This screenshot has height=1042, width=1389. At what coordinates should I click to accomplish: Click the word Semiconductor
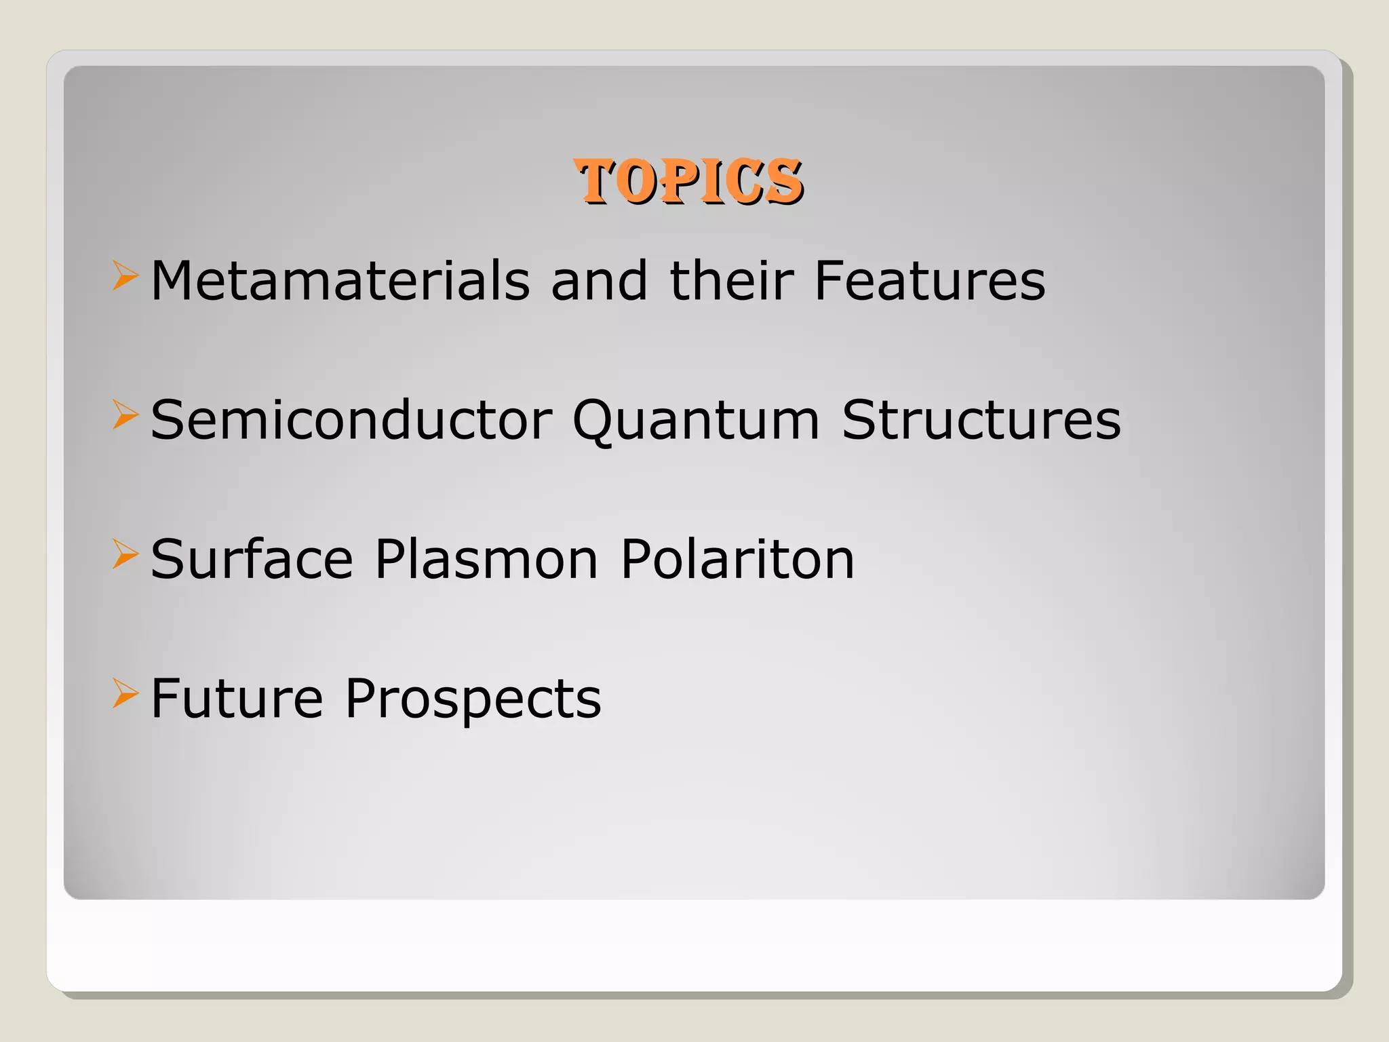point(351,420)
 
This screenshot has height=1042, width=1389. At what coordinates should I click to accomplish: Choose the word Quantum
point(696,420)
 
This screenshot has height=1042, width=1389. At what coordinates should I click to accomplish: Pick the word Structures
point(981,420)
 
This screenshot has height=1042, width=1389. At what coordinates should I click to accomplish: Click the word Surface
point(252,559)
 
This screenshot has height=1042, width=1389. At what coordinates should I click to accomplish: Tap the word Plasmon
point(486,559)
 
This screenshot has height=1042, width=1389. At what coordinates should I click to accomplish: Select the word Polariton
point(738,559)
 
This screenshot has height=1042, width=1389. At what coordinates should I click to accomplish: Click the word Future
point(237,698)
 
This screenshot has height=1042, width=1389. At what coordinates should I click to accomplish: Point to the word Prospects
point(473,698)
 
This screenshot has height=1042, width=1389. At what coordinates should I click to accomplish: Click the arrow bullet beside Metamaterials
point(125,276)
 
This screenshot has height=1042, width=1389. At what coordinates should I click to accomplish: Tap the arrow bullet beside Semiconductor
point(125,415)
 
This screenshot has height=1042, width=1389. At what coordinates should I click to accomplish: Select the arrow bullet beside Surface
point(125,554)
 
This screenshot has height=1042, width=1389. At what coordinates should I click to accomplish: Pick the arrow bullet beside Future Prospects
point(125,693)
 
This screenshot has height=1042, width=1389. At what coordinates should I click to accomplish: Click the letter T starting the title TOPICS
point(596,181)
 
